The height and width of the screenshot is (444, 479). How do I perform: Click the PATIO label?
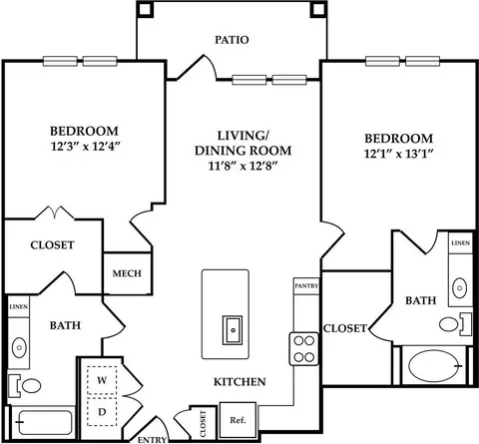coord(232,40)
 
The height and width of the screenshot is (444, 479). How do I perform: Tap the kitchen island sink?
coord(233,330)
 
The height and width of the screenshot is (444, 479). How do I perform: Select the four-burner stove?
coord(303,349)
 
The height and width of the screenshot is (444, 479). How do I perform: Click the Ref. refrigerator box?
coord(238,420)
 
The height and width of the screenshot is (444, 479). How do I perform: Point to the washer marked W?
coord(102,380)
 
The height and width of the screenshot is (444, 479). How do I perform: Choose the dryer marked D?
coord(102,412)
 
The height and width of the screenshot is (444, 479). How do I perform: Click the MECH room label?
coord(127,273)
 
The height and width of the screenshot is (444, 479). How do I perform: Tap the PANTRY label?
coord(306,285)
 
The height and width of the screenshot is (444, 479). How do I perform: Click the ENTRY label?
coord(152,440)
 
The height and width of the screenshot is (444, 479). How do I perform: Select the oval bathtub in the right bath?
coord(434,366)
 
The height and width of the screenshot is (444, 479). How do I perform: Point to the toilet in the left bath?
coord(25,386)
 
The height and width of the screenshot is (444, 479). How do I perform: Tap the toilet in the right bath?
coord(455,324)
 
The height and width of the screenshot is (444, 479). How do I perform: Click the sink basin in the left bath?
coord(19,347)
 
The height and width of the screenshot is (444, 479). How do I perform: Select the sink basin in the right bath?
coord(460,287)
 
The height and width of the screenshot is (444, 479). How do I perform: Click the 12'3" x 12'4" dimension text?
coord(85,147)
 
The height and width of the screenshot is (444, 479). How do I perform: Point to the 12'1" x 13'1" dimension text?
coord(398,154)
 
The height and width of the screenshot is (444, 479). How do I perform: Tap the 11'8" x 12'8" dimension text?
coord(242,166)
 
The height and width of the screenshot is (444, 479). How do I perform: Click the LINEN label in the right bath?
coord(460,243)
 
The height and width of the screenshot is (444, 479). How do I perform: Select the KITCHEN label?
coord(239,382)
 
